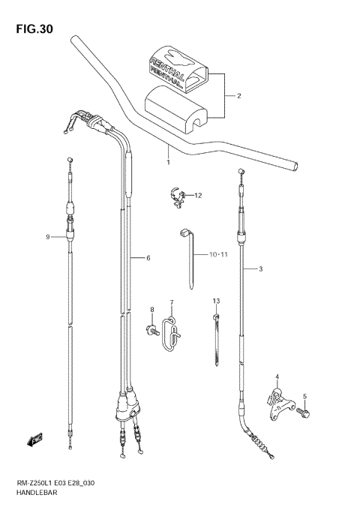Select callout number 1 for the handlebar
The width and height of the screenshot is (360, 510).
click(168, 162)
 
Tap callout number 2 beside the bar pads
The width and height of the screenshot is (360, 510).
click(238, 96)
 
